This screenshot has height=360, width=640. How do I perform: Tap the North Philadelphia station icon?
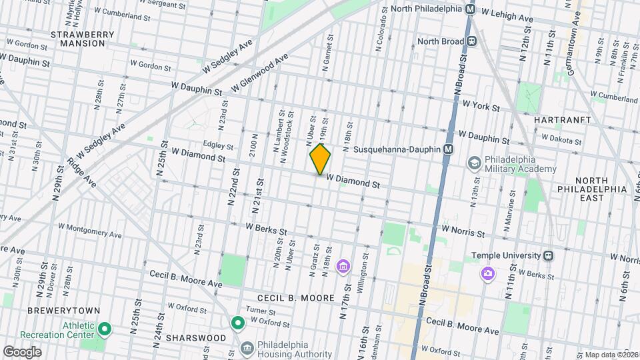click(471, 9)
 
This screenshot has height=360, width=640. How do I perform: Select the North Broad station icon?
click(472, 41)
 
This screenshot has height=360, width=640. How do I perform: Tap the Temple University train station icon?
click(548, 255)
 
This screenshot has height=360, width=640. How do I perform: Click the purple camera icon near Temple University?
click(489, 273)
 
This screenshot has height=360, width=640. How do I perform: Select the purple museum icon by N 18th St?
click(343, 267)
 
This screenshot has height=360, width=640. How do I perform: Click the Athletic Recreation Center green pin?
click(105, 329)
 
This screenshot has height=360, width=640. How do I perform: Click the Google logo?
click(22, 351)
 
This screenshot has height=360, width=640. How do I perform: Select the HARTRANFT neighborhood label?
click(563, 119)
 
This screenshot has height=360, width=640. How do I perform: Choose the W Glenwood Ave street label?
click(260, 74)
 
